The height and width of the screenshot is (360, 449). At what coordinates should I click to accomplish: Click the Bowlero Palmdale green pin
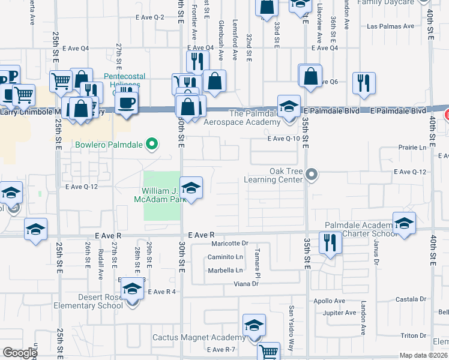click(x=152, y=144)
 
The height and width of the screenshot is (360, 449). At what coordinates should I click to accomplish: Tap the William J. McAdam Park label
click(x=158, y=195)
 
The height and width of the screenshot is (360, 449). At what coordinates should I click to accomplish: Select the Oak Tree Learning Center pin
click(x=311, y=175)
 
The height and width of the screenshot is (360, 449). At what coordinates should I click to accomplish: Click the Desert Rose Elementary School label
click(x=92, y=301)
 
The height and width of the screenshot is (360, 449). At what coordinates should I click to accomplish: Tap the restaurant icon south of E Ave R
click(x=329, y=242)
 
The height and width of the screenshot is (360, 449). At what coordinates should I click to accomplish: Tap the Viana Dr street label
click(x=246, y=283)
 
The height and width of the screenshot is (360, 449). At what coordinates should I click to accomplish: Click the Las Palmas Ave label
click(x=390, y=26)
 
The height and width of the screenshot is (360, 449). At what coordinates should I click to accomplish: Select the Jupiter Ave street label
click(x=340, y=313)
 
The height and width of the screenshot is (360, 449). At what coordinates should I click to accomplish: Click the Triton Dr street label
click(x=414, y=335)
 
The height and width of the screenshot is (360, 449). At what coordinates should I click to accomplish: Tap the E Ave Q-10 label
click(x=283, y=139)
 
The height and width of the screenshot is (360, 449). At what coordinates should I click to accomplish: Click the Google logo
click(x=20, y=353)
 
